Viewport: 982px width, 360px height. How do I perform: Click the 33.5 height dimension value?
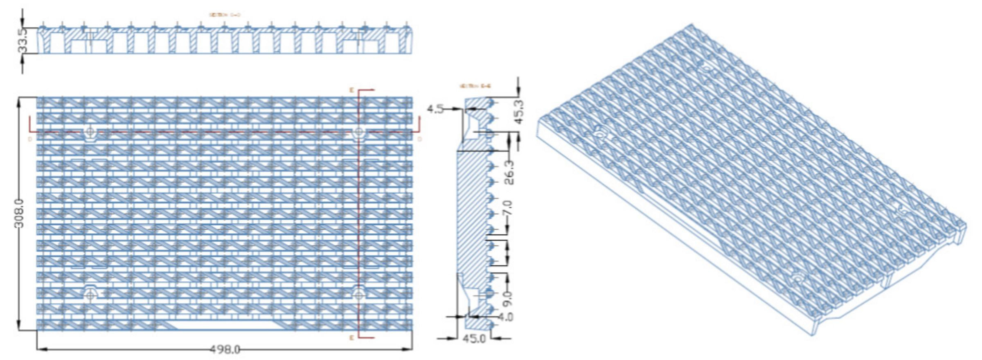click(22, 40)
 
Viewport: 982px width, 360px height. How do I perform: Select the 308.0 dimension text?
click(20, 213)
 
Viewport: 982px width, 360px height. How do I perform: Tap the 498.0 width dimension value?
click(224, 349)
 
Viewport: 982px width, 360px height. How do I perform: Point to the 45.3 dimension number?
click(519, 111)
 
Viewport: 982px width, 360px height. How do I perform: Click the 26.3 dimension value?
click(509, 172)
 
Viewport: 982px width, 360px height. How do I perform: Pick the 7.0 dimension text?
click(507, 209)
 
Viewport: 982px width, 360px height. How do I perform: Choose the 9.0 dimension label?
click(507, 299)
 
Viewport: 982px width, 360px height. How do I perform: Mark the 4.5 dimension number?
click(435, 109)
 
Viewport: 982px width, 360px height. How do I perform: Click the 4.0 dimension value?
click(506, 317)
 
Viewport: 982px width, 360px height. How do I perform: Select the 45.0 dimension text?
click(474, 339)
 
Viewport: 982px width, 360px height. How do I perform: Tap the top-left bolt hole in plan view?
click(90, 132)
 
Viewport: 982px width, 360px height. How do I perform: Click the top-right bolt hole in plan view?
click(359, 132)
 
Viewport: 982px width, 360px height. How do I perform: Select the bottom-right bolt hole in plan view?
click(359, 294)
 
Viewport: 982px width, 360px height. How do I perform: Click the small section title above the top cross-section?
click(225, 15)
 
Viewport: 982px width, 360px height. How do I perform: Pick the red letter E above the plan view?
click(351, 89)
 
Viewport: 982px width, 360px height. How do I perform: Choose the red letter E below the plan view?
click(351, 338)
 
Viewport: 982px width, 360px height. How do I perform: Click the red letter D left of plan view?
click(30, 139)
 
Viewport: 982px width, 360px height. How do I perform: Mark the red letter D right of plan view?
click(420, 139)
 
